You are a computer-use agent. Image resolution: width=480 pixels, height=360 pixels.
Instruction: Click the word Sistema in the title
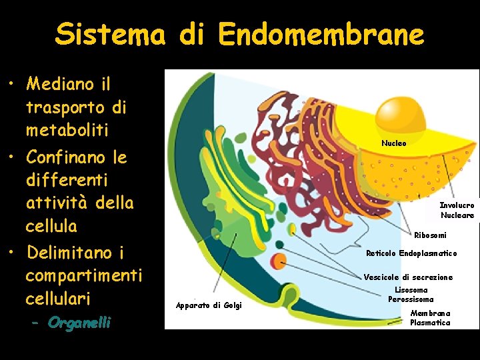(x=110, y=34)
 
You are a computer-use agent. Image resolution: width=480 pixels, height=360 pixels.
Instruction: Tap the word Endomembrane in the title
(x=321, y=34)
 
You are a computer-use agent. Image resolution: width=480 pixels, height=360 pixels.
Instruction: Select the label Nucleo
(x=393, y=143)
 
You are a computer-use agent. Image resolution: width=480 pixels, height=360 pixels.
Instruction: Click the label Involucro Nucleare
(x=457, y=211)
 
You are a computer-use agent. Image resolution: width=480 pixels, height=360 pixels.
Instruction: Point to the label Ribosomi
(x=430, y=235)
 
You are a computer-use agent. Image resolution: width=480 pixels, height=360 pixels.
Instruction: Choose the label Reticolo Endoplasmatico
(x=411, y=253)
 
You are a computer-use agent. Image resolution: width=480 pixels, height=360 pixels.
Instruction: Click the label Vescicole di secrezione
(x=408, y=277)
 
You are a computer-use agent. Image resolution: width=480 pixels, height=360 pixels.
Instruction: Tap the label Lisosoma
(x=411, y=290)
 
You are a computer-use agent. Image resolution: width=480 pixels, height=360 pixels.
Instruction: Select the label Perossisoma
(x=411, y=299)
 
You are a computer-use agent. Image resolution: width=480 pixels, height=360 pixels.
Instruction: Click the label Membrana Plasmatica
(x=430, y=318)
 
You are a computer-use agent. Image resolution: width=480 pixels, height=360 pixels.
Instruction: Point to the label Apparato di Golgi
(x=209, y=305)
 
